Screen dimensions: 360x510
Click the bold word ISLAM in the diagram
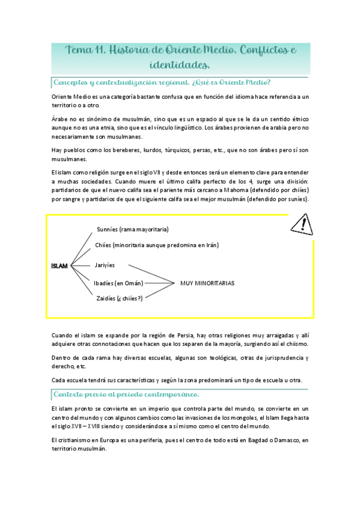(x=59, y=265)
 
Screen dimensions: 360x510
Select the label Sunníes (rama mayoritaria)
(x=132, y=229)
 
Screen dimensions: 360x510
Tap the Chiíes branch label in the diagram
(x=157, y=245)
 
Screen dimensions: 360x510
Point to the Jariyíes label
(x=105, y=265)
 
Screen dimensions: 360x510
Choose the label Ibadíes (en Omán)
(x=118, y=283)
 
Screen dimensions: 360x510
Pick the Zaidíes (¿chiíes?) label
(x=118, y=298)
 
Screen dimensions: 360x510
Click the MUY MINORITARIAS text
(x=207, y=283)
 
